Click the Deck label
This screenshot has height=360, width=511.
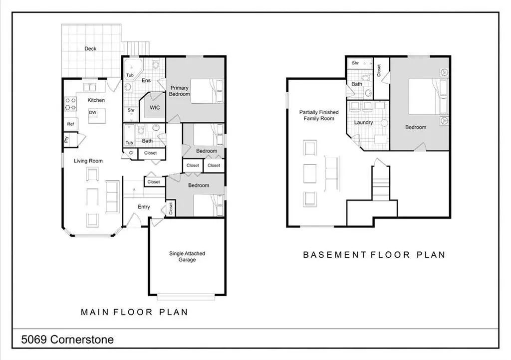tap(90, 49)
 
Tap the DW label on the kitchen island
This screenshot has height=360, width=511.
tap(92, 113)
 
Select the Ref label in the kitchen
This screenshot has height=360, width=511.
tap(70, 124)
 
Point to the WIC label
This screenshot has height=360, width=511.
tap(155, 108)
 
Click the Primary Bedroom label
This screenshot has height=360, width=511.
tap(179, 91)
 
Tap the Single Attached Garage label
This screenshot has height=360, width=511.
tap(187, 256)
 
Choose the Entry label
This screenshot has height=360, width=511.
tap(144, 207)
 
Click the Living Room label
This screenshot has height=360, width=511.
tap(88, 161)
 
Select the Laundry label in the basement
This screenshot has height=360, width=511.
tap(363, 123)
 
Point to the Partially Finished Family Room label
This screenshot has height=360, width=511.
tap(319, 115)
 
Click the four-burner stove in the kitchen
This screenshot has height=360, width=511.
tap(71, 104)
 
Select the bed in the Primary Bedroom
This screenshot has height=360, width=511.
tap(207, 91)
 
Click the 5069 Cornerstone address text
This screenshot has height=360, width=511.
tap(67, 340)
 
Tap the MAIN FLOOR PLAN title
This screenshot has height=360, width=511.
tap(134, 312)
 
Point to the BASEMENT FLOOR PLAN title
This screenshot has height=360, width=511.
tap(374, 255)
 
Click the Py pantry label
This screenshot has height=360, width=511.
tap(66, 140)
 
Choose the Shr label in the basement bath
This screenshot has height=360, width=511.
tap(355, 63)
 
